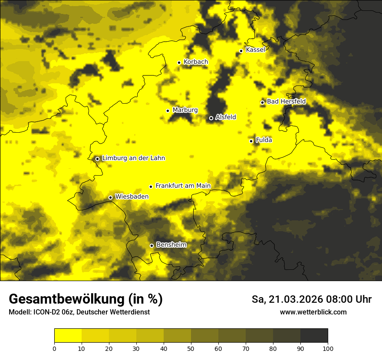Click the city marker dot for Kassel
tap(241, 51)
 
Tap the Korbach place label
tap(196, 62)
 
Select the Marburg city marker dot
tap(168, 111)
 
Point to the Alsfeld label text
tap(226, 117)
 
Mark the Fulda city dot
tap(251, 141)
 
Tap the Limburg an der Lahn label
tap(133, 158)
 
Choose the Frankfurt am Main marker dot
tap(151, 187)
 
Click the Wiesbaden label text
tap(132, 196)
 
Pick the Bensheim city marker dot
tap(151, 245)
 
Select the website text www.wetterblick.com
tap(313, 312)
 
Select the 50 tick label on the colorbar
tap(191, 348)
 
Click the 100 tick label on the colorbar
tap(328, 348)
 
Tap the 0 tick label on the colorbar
tap(54, 348)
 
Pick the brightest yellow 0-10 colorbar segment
tap(68, 336)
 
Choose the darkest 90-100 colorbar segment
tap(314, 336)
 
